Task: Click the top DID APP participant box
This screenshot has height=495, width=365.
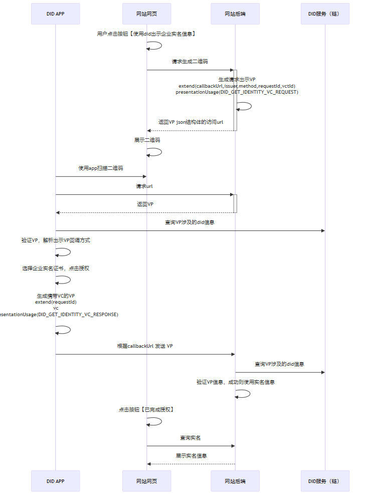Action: point(55,14)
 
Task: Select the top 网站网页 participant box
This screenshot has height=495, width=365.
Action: point(146,14)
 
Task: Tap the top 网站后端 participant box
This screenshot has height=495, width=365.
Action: point(235,14)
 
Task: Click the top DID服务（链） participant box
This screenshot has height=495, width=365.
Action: point(325,14)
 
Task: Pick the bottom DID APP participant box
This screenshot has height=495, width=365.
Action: point(55,481)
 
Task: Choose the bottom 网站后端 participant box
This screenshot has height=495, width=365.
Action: point(235,481)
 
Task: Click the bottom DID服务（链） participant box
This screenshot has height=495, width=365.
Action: point(325,481)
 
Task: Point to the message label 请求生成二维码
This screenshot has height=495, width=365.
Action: point(190,61)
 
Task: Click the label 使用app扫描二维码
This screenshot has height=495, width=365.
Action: point(101,168)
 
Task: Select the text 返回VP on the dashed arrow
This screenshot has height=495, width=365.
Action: point(145,204)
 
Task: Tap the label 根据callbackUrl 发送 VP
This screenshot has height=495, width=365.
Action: point(145,346)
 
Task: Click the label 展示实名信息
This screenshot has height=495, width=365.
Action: point(191,455)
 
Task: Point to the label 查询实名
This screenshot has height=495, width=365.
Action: point(191,437)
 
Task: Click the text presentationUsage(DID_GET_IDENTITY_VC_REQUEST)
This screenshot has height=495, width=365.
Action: point(237,92)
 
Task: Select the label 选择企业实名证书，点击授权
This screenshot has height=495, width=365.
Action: point(56,268)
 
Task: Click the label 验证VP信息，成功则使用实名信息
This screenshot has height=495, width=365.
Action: point(235,382)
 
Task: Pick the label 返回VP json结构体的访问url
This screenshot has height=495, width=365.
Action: point(191,122)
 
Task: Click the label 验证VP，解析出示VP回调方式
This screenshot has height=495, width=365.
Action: point(56,240)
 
